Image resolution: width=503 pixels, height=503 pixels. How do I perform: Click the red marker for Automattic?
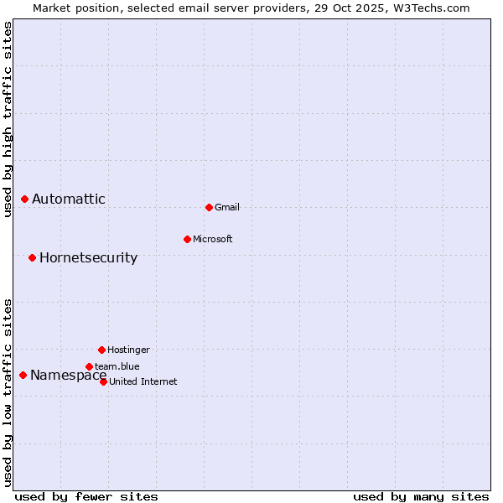click(x=24, y=199)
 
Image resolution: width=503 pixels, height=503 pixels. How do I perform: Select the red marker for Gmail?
click(x=209, y=207)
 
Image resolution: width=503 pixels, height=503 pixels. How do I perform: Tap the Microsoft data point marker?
click(x=187, y=239)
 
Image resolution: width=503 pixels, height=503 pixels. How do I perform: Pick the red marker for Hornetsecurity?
click(x=32, y=257)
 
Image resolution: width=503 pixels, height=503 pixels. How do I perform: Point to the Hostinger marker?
click(x=101, y=350)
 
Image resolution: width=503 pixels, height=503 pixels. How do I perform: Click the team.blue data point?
click(x=89, y=366)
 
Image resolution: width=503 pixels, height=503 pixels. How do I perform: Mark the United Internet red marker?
click(x=103, y=381)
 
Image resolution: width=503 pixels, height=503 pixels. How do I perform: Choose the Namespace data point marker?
click(x=23, y=375)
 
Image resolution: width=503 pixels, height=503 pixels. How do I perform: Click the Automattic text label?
click(x=69, y=199)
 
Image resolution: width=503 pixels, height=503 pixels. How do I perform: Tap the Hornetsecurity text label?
click(x=88, y=257)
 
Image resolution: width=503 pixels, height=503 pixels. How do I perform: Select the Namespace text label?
click(x=68, y=375)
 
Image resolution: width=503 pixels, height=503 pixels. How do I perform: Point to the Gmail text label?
click(x=227, y=207)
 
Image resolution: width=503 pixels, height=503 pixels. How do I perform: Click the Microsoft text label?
click(x=213, y=239)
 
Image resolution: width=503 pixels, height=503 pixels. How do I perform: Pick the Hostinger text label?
click(x=128, y=350)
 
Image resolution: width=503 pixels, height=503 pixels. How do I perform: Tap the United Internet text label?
click(x=143, y=381)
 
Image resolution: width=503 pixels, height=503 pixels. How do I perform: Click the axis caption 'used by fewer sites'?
click(x=86, y=496)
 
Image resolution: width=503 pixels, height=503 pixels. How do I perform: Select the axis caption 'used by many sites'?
click(x=421, y=496)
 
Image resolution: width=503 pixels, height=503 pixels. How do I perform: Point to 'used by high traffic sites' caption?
click(x=8, y=119)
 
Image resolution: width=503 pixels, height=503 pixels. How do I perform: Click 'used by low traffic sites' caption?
click(x=8, y=392)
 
